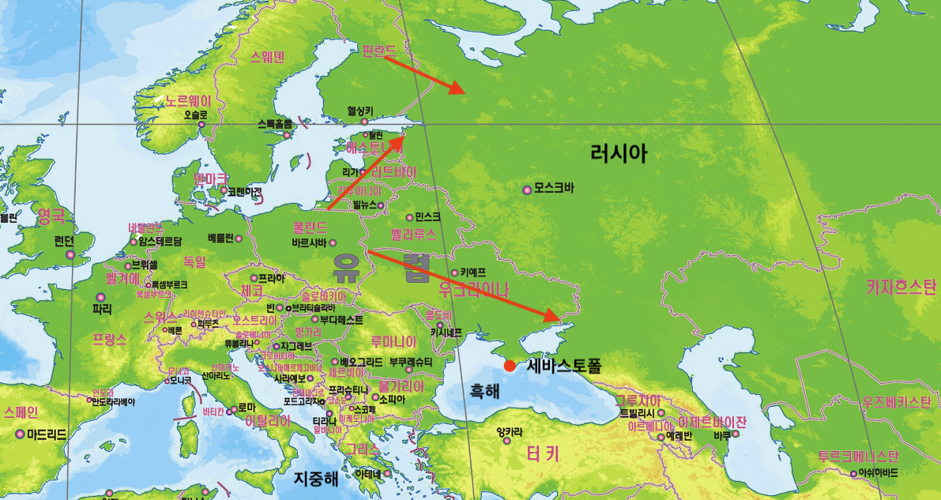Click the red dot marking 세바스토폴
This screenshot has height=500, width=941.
tap(510, 366)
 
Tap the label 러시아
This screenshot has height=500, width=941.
tap(619, 152)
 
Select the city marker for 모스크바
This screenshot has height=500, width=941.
tap(527, 190)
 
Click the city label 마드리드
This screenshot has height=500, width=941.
tap(47, 434)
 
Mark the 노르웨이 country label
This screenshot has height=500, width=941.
tap(189, 101)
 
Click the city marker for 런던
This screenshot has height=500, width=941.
tap(70, 254)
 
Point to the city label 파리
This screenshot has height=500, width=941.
tap(102, 308)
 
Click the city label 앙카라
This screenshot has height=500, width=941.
tap(509, 431)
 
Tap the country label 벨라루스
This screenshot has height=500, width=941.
tap(413, 235)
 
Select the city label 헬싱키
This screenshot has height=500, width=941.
tap(359, 111)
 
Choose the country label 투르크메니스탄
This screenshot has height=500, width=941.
tap(858, 457)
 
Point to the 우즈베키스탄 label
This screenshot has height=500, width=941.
tap(896, 402)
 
